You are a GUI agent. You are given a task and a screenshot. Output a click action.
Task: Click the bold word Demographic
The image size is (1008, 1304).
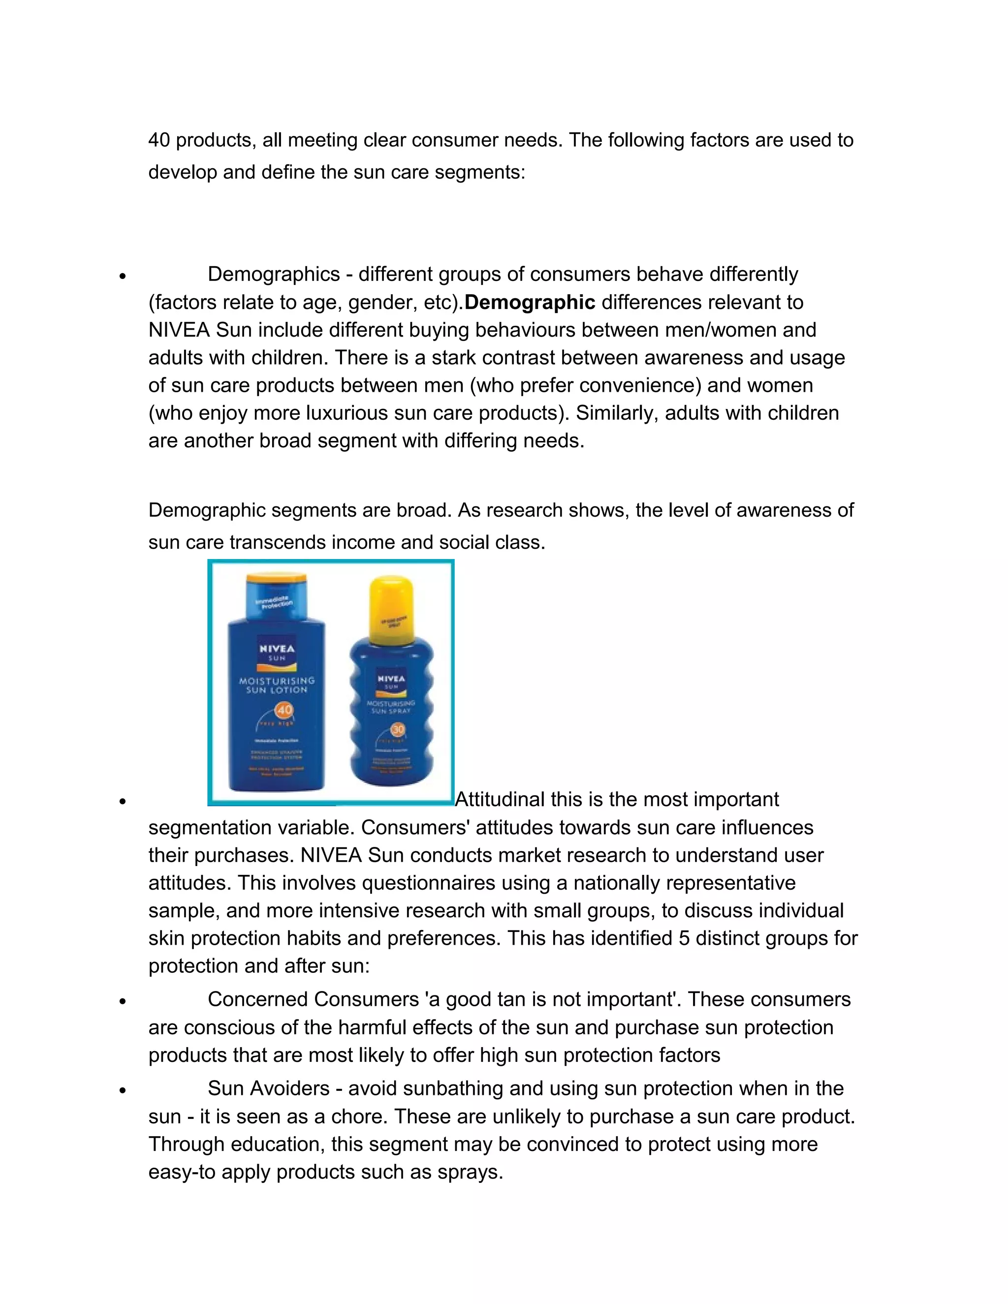click(x=530, y=303)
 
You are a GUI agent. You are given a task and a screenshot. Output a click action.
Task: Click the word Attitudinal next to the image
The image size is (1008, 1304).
click(x=499, y=800)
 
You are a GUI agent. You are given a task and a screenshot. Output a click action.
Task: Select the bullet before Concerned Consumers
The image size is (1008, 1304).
click(x=123, y=1001)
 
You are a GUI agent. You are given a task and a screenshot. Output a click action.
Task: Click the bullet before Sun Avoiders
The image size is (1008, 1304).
click(x=123, y=1090)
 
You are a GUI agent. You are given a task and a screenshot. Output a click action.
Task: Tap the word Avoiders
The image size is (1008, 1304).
click(x=289, y=1088)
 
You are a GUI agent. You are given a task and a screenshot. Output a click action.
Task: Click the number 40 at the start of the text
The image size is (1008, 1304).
click(x=159, y=140)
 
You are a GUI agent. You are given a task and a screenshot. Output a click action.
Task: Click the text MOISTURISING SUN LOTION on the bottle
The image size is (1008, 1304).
click(x=277, y=685)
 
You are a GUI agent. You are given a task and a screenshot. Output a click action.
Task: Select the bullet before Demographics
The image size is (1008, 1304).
click(x=123, y=277)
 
